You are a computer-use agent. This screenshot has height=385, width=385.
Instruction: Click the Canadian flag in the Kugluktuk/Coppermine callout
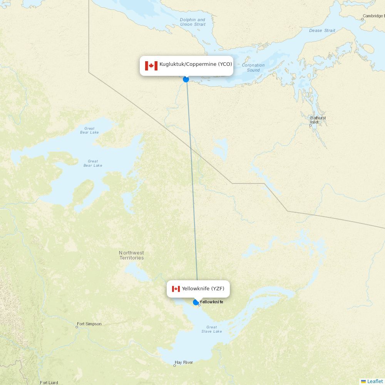click(x=151, y=65)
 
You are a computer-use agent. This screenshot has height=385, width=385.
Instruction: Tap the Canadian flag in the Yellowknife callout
click(x=176, y=289)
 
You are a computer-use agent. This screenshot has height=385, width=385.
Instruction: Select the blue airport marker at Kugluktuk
click(x=186, y=79)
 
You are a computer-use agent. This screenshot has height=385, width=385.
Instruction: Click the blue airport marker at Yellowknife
click(x=196, y=302)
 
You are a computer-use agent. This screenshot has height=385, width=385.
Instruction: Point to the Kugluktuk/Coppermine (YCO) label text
click(x=196, y=64)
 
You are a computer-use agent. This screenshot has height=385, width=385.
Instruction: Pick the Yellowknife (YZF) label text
click(x=203, y=289)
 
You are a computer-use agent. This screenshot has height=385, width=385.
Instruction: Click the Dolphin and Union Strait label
click(x=192, y=22)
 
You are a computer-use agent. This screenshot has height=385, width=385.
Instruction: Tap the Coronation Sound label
click(x=253, y=68)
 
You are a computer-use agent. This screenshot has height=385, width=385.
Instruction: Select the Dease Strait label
click(x=322, y=30)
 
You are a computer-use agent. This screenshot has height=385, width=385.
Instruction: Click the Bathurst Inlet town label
click(x=318, y=120)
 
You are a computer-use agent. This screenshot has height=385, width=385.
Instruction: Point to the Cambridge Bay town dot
click(x=362, y=19)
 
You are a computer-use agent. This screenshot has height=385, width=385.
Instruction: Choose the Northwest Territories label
click(x=131, y=255)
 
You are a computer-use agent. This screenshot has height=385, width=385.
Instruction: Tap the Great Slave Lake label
click(x=211, y=329)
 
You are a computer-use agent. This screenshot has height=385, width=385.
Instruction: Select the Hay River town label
click(x=184, y=362)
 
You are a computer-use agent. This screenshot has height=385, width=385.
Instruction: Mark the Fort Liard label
click(x=49, y=383)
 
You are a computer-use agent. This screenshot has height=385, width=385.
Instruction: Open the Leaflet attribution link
click(x=375, y=381)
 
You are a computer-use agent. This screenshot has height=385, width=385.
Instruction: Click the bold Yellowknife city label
click(x=211, y=302)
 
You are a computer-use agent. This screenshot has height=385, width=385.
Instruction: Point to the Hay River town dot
click(x=174, y=365)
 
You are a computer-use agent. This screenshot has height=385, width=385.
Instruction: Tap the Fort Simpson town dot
click(x=77, y=327)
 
